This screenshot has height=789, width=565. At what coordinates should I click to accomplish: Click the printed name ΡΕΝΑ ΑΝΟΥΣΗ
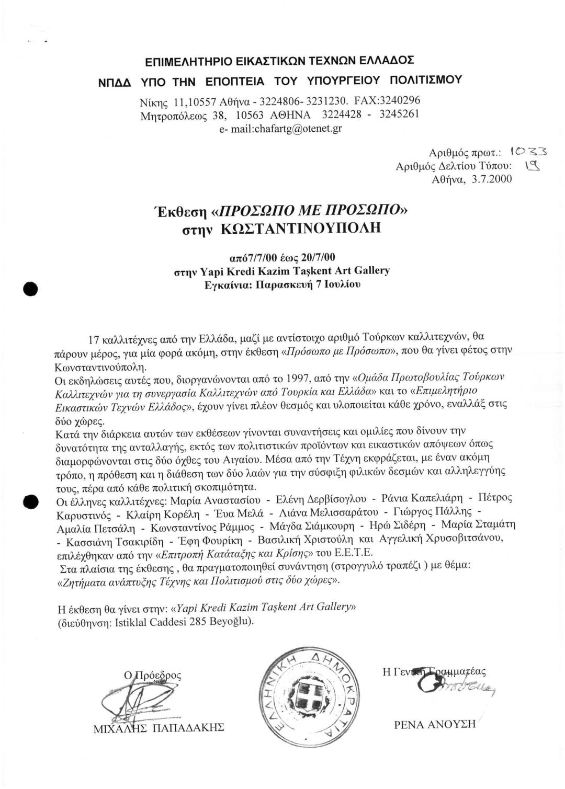coord(435,724)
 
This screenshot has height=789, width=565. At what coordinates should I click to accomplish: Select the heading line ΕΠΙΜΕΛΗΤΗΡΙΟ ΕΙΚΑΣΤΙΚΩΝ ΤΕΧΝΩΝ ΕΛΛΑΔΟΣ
coord(279,61)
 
